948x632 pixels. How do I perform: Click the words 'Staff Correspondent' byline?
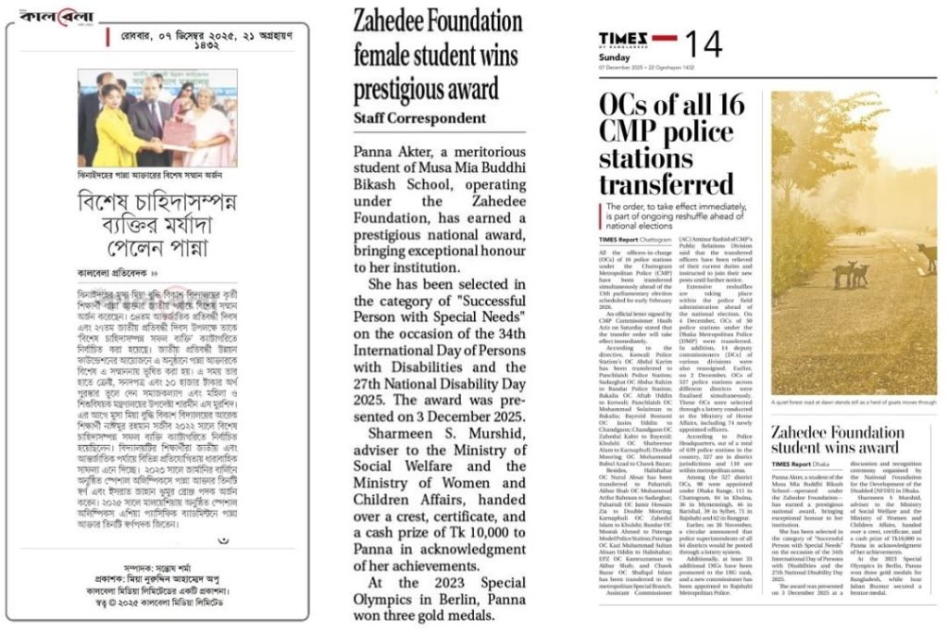tap(419, 118)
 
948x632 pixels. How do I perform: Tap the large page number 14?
tap(704, 42)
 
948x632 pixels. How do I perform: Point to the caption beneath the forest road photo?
tap(852, 404)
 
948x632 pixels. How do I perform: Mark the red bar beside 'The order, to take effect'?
tap(602, 214)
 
